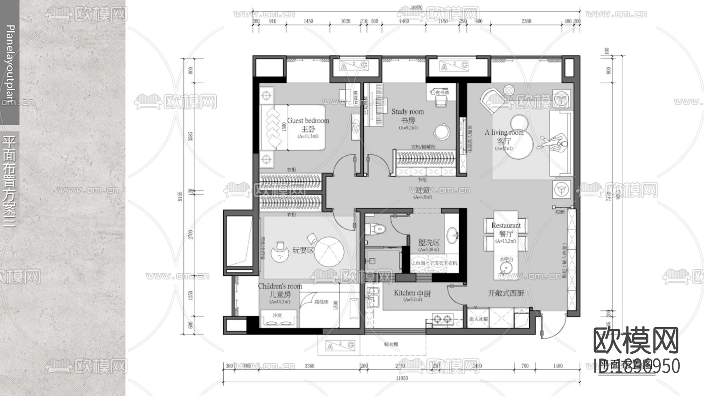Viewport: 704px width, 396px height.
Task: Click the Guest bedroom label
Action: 308,121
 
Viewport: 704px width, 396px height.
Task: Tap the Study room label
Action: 408,112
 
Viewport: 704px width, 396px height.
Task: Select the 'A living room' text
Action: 504,133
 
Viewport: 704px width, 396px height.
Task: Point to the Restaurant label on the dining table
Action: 506,225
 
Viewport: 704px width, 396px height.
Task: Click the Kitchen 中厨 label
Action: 412,293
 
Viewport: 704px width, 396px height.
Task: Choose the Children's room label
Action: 280,286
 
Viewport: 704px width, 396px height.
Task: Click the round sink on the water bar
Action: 506,268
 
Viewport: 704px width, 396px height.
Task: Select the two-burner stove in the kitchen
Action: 442,319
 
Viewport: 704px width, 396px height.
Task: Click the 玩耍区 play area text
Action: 303,250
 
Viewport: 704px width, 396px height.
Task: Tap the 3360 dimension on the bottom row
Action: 309,366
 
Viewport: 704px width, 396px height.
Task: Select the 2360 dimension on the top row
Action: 526,21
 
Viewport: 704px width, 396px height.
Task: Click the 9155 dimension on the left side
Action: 180,196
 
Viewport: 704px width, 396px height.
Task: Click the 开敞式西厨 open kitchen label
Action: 506,293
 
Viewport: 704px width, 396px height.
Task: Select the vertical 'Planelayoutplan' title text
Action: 11,65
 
